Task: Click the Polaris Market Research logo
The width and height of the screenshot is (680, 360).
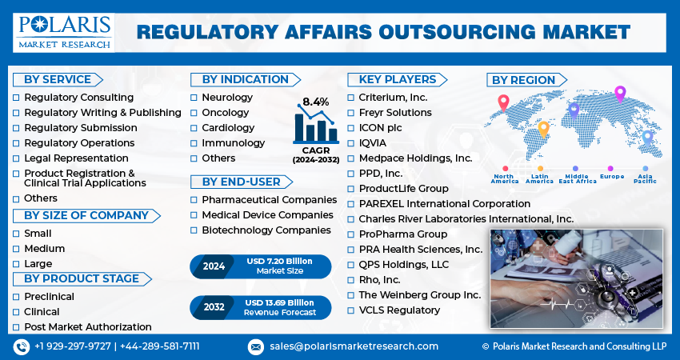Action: (64, 33)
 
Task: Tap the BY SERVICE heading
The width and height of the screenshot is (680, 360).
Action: (58, 80)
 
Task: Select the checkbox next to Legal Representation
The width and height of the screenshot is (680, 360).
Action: (16, 158)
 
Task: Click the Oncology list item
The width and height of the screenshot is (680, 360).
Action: (225, 113)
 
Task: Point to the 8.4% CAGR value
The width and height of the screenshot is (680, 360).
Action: (316, 102)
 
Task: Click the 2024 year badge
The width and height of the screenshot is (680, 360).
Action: (214, 266)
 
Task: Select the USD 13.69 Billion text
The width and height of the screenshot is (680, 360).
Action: (279, 302)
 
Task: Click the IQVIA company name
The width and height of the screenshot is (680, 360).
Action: (372, 143)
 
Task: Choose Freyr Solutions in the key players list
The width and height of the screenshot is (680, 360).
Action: (395, 113)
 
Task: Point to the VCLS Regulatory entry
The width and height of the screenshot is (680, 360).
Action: (399, 310)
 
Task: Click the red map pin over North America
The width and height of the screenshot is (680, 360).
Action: (503, 103)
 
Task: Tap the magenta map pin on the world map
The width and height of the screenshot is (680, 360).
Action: (620, 94)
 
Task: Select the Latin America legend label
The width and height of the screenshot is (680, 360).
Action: (539, 178)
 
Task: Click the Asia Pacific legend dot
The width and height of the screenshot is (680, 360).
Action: (646, 168)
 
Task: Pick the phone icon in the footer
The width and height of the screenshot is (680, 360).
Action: (22, 346)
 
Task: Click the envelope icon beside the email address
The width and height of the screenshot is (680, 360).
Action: (255, 347)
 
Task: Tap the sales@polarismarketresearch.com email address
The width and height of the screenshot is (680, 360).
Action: (354, 346)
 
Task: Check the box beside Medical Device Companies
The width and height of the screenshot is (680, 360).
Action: (194, 215)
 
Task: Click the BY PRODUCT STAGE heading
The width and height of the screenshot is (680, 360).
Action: (82, 279)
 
